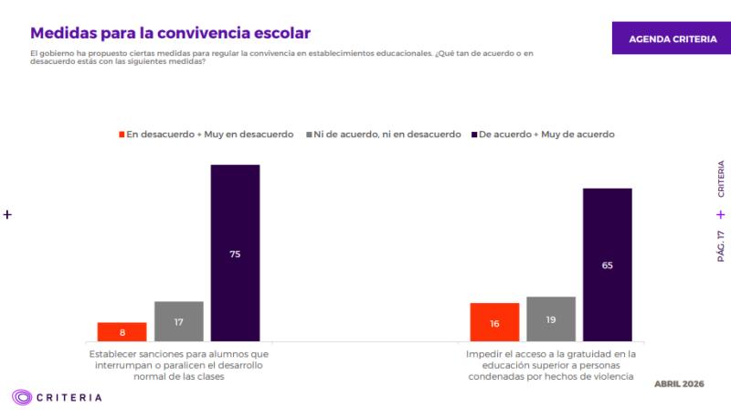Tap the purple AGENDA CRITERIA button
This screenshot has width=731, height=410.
(671, 39)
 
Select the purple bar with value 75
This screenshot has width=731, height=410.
(235, 253)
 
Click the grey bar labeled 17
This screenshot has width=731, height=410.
(178, 321)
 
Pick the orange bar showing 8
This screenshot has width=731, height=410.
(122, 332)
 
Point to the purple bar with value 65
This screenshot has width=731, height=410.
(607, 264)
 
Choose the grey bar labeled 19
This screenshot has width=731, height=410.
(551, 319)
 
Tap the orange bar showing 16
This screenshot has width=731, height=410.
(494, 322)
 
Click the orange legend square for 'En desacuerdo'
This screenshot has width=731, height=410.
(122, 135)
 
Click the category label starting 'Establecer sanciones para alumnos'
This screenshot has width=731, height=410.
(178, 364)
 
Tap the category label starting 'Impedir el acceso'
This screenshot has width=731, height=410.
(550, 364)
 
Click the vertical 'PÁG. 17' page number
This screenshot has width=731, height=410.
(721, 247)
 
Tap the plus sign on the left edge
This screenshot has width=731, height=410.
(7, 215)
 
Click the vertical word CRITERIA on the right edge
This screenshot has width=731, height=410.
(721, 179)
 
